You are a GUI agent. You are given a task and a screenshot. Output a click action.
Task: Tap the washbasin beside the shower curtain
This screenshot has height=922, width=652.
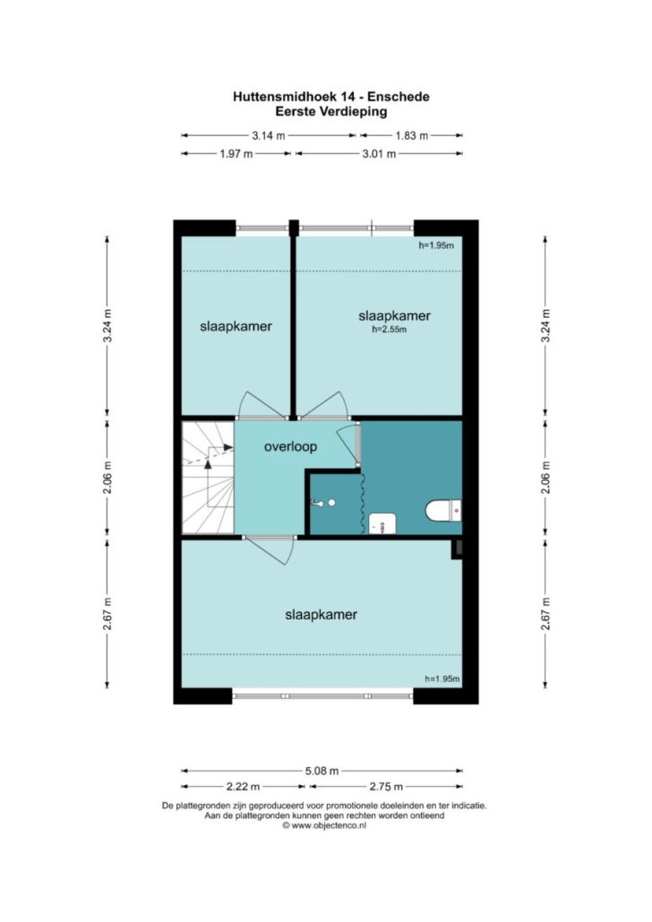coord(382,523)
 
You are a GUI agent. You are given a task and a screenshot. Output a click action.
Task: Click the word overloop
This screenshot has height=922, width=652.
coord(290,447)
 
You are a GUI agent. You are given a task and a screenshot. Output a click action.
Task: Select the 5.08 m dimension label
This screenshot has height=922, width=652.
coord(322,771)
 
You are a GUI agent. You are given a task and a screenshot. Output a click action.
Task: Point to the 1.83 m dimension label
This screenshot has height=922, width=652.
coord(411,136)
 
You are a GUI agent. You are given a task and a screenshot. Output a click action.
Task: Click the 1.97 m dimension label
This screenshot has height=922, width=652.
coord(236,154)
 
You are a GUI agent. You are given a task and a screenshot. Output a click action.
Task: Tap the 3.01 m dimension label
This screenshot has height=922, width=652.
coord(379,154)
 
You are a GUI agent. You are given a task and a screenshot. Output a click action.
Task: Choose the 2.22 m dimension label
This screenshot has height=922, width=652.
coord(243,787)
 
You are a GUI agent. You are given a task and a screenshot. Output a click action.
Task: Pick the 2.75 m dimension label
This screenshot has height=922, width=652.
coord(386,787)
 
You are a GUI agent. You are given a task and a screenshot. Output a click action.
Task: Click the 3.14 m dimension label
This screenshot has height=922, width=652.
coord(269,136)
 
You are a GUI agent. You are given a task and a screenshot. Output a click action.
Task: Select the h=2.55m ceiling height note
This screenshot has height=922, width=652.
coord(389,330)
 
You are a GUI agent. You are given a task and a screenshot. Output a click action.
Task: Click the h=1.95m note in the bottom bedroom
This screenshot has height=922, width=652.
coord(442,679)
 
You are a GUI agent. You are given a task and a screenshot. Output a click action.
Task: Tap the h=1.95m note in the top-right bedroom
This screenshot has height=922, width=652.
coord(436,246)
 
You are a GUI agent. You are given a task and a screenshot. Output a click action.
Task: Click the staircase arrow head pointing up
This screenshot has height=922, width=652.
coord(208,464)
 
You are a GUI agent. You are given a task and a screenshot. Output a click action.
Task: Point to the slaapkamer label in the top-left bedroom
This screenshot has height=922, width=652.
coord(236,327)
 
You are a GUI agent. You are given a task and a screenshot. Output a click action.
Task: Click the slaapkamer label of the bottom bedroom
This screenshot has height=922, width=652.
coord(322,615)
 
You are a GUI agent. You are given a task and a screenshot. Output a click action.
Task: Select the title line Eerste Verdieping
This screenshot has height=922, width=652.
coord(331,111)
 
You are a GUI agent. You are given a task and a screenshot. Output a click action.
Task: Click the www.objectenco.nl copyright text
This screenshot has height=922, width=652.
coord(324,825)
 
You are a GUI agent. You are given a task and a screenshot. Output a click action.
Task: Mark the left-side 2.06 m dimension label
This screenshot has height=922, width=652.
coord(107,478)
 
